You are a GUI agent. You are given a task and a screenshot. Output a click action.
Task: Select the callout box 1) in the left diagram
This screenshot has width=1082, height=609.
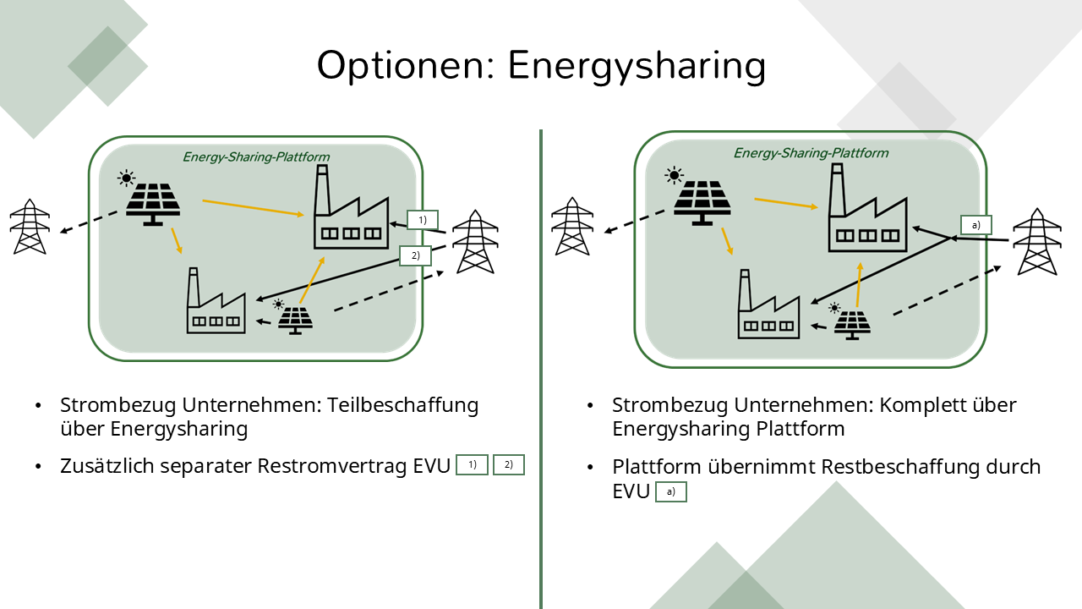click(422, 220)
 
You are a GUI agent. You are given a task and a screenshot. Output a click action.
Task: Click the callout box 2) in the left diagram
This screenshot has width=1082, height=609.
click(414, 255)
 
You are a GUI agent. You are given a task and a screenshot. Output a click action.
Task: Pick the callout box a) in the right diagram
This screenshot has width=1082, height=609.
click(975, 225)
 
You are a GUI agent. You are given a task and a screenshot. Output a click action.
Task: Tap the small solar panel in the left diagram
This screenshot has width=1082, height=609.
click(295, 319)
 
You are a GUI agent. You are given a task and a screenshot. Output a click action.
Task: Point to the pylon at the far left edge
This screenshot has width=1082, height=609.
click(30, 227)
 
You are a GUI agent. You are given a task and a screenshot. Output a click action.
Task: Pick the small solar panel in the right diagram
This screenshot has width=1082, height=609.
click(851, 324)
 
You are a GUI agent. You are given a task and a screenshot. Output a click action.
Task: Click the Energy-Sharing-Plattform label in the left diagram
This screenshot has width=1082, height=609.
click(256, 157)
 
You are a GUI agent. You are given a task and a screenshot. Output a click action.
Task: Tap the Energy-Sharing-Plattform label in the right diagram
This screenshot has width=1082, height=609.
click(811, 153)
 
